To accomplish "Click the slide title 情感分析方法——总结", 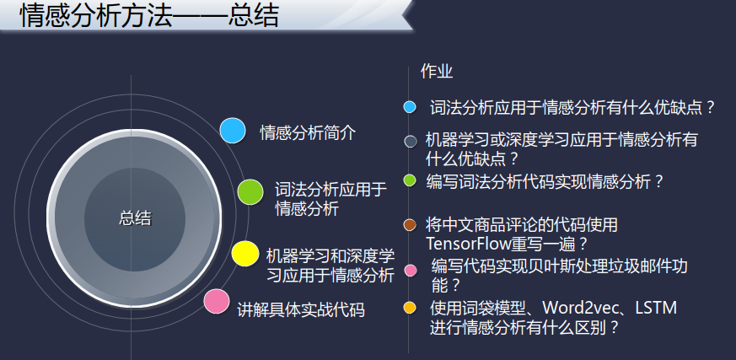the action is click(149, 16).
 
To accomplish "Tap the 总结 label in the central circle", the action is click(135, 218).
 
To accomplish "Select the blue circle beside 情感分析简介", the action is click(233, 131).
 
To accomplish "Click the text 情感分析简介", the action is click(308, 133).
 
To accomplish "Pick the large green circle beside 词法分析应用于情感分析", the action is click(250, 192).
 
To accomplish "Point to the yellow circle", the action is click(245, 254).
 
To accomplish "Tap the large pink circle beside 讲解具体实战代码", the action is click(217, 301).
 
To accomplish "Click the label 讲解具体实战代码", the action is click(301, 310).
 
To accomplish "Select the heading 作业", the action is click(437, 72).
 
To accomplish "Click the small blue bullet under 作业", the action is click(410, 107).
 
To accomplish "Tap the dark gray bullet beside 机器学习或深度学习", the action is click(411, 142).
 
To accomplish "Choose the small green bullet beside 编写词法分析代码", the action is click(410, 180).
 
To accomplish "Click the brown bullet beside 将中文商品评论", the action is click(410, 225).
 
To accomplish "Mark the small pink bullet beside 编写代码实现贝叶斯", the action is click(411, 271).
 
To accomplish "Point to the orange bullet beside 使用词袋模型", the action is click(410, 308).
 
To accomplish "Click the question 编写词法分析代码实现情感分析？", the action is click(545, 181).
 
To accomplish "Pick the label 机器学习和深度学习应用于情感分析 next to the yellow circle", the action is click(330, 266).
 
